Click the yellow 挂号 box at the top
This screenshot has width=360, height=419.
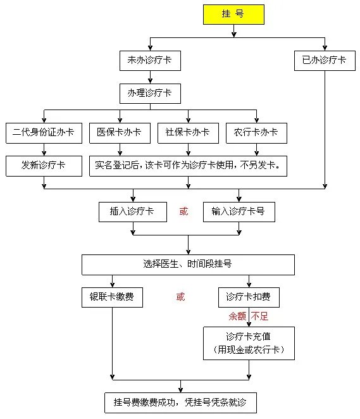coord(233,15)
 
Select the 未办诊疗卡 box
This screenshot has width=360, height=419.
coord(150,60)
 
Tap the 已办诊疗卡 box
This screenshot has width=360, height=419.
coord(325,60)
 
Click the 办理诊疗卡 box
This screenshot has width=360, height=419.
coord(150,94)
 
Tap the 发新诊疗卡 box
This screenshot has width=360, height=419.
coord(44,166)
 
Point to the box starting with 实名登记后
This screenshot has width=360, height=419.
coord(188,166)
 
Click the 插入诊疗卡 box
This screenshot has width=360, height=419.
coord(132,212)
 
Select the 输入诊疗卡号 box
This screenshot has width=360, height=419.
coord(239,212)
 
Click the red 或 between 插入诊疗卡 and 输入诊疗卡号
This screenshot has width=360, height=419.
coord(183,212)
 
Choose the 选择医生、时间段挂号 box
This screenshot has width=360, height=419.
coord(188,265)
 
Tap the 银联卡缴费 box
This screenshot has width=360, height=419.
coord(112,297)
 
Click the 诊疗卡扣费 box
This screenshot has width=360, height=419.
coord(249,297)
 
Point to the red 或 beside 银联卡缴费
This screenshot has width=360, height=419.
coord(180,297)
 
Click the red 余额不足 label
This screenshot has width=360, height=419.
coord(249,316)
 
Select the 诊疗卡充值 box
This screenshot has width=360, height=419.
coord(249,343)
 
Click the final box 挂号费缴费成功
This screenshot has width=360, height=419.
coord(182,403)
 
